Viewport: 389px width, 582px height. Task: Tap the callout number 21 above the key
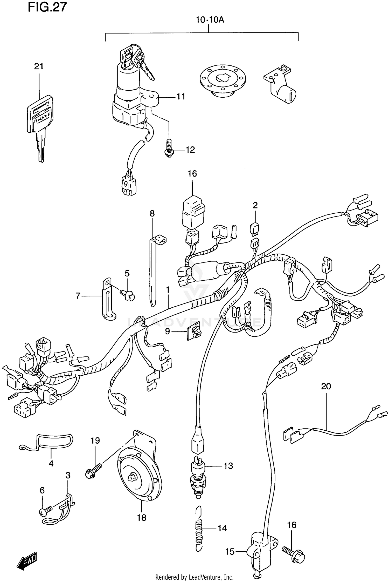pyautogui.click(x=39, y=66)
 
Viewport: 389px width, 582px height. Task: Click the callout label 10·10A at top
pyautogui.click(x=210, y=20)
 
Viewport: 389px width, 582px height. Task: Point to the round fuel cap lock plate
pyautogui.click(x=223, y=80)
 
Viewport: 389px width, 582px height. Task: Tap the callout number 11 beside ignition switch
pyautogui.click(x=181, y=97)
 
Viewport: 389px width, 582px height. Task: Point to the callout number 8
pyautogui.click(x=152, y=213)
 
